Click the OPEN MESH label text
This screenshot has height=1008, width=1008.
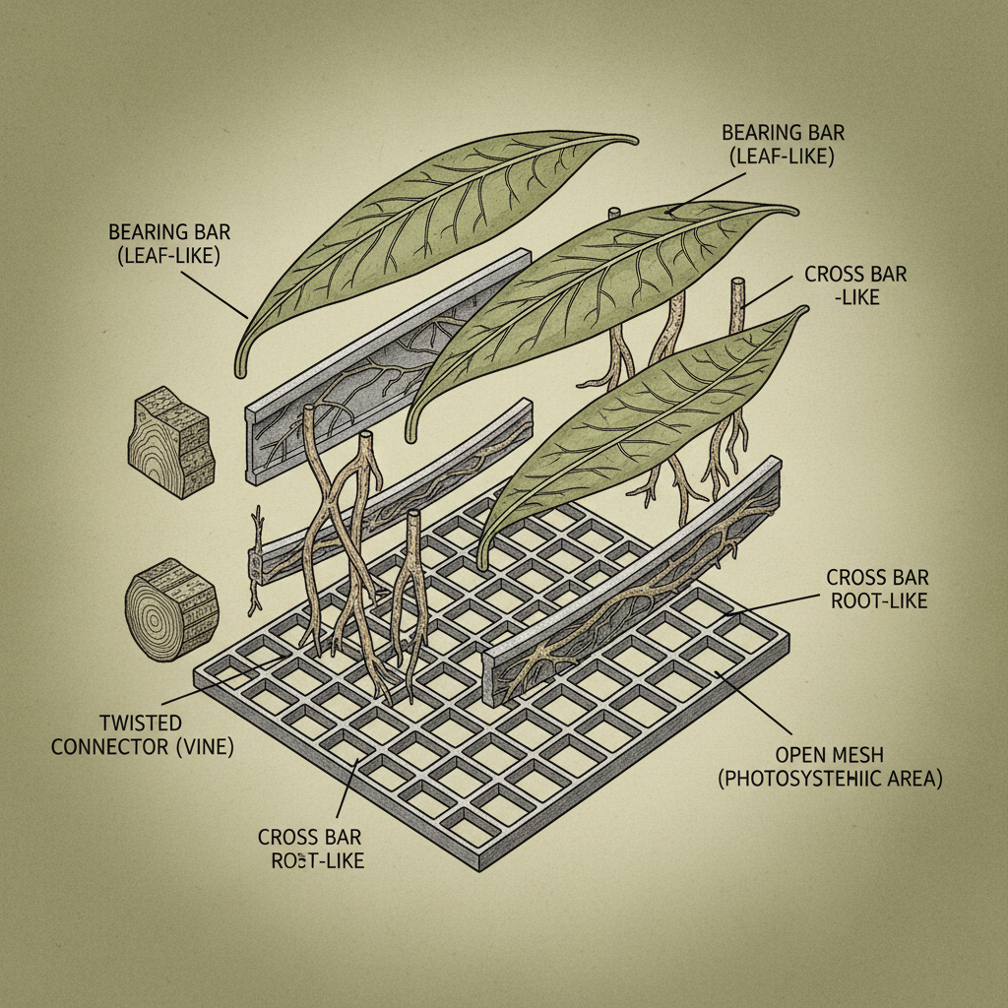click(829, 755)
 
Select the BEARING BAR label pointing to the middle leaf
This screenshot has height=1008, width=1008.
click(778, 143)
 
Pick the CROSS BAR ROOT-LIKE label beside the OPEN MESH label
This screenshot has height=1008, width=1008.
click(876, 588)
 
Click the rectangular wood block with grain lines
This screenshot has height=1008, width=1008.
click(169, 442)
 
